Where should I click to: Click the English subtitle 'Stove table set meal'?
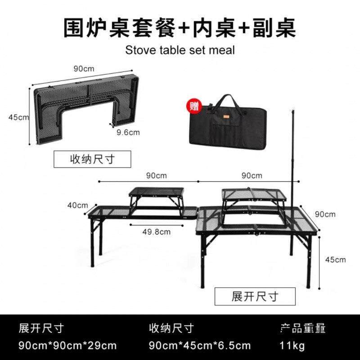click(180, 50)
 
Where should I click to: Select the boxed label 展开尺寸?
click(255, 296)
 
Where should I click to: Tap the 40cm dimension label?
click(77, 205)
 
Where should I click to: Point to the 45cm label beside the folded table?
click(18, 117)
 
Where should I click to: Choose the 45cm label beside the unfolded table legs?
click(335, 259)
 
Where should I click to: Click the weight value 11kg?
click(292, 346)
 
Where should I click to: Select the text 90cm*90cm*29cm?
click(67, 346)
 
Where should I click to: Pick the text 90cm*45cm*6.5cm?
click(200, 346)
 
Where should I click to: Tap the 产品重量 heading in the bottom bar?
click(302, 328)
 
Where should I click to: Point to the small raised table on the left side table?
click(156, 196)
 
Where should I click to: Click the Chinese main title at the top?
click(180, 28)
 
